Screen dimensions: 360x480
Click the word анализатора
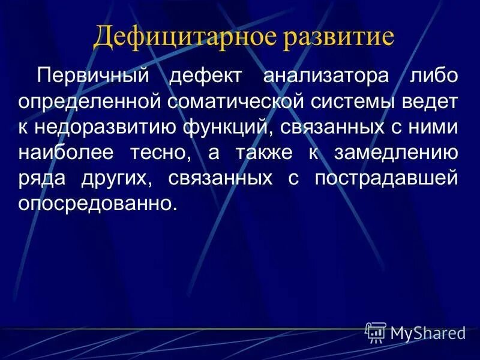coord(326,76)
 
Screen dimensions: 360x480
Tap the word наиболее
coord(65,153)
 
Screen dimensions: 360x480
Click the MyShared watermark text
coord(428,333)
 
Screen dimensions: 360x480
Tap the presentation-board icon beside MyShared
coord(376,332)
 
